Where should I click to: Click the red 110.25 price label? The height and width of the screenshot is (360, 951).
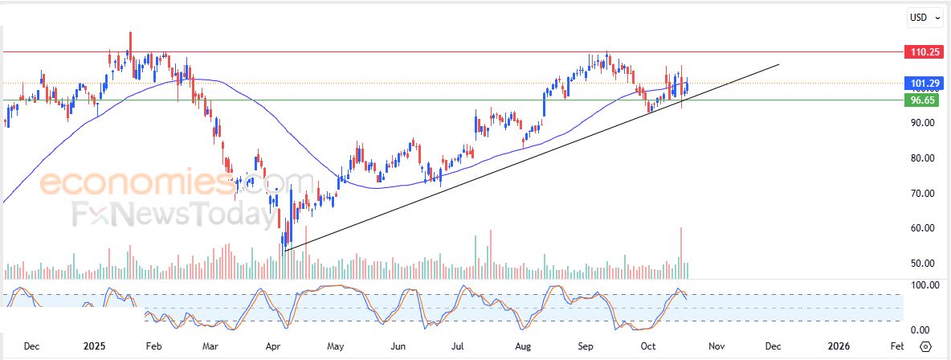click(920, 51)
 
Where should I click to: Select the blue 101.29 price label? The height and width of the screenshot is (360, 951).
click(920, 83)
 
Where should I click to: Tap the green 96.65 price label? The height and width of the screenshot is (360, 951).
click(919, 100)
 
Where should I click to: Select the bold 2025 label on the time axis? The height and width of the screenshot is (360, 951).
click(94, 346)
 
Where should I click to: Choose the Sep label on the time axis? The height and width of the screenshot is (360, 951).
click(586, 346)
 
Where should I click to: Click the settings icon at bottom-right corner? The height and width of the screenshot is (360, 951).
click(925, 346)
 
